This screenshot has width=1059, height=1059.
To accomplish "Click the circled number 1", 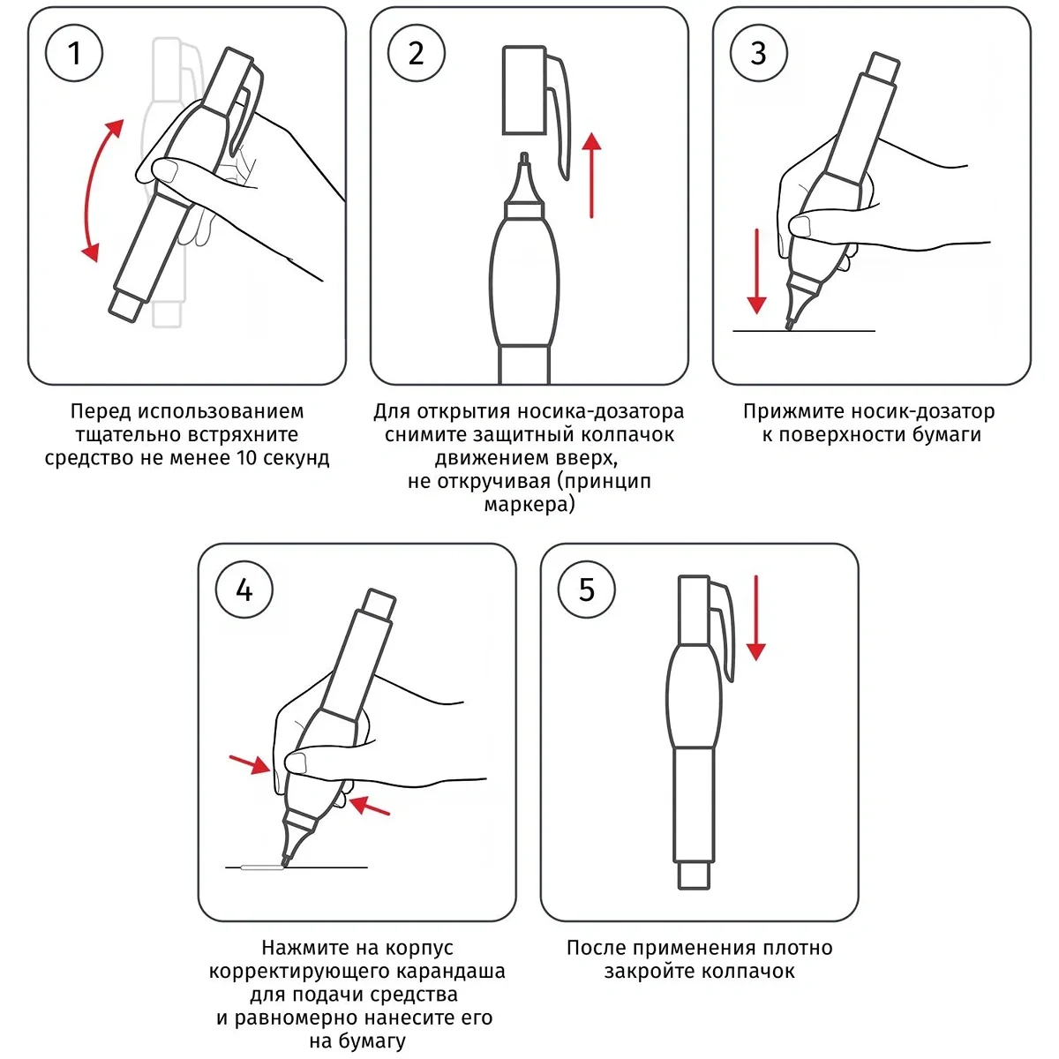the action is (74, 53).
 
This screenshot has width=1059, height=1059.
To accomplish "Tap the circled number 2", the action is (416, 53).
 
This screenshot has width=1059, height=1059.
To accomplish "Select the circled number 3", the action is (758, 53).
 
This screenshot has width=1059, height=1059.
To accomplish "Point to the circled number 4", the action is (244, 590).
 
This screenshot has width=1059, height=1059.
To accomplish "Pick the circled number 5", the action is (586, 590).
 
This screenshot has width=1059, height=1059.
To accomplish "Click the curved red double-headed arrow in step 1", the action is (88, 187).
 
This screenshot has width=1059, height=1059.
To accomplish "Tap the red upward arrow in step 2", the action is (591, 175).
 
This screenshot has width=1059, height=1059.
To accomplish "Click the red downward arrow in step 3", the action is (756, 271).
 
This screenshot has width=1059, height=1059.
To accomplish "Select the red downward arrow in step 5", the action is (756, 618).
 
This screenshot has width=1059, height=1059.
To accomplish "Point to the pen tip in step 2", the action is (524, 159).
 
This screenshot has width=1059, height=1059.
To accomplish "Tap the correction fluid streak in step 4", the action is (262, 867).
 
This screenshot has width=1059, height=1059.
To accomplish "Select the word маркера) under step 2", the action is (529, 505).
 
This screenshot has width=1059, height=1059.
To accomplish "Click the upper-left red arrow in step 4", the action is (250, 764).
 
